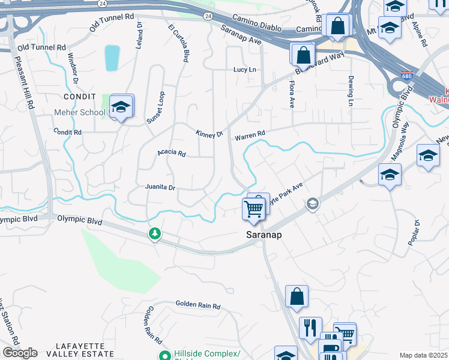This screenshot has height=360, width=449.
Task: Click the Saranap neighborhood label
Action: click(x=264, y=235)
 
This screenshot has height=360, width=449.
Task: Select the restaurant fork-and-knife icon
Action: click(x=310, y=328)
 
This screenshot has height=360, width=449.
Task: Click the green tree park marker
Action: click(x=155, y=233)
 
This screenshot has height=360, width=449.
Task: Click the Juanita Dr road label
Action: click(x=160, y=187)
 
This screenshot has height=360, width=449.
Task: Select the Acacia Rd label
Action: click(x=172, y=152)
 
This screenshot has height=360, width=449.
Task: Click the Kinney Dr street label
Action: click(x=209, y=134)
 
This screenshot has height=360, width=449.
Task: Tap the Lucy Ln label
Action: click(x=245, y=70)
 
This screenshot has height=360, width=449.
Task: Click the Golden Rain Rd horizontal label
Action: click(x=198, y=305)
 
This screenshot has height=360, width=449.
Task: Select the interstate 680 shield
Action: click(x=407, y=76)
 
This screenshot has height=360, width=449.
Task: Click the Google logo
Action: click(x=20, y=353)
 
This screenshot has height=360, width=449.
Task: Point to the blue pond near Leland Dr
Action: click(x=112, y=58)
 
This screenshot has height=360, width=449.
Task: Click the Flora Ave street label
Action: click(x=292, y=94)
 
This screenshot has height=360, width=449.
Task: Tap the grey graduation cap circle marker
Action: click(x=312, y=205)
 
